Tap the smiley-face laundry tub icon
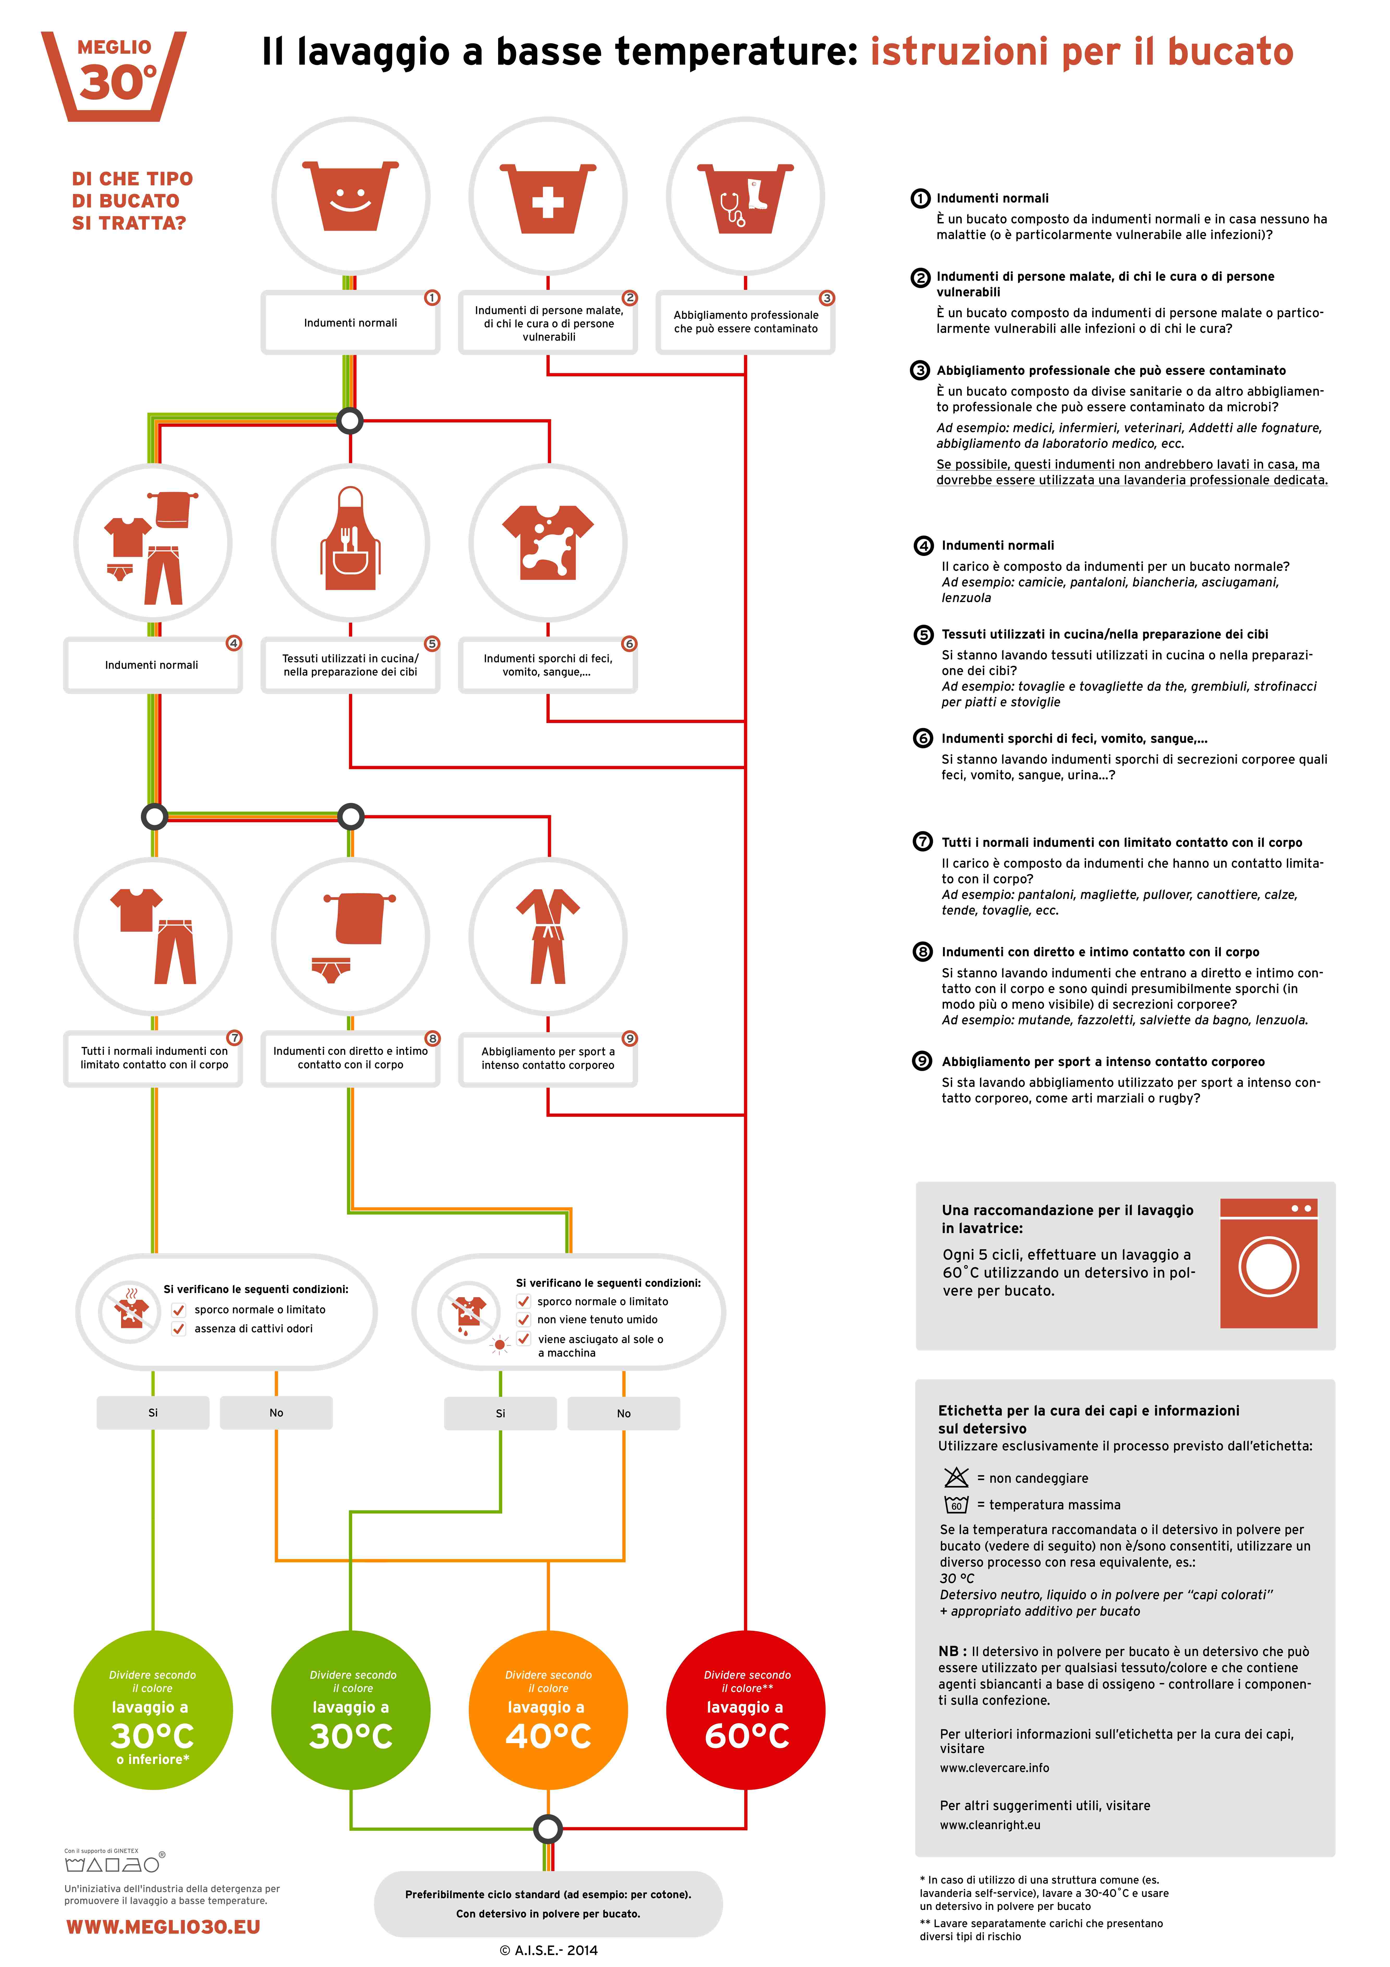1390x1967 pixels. [x=350, y=195]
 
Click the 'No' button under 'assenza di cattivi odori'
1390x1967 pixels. [x=276, y=1413]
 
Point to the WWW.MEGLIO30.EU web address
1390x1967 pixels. [x=163, y=1927]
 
